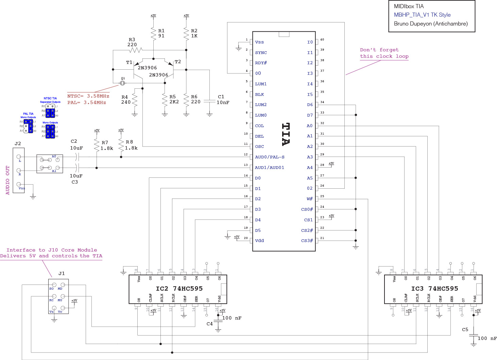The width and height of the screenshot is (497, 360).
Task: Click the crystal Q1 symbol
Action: pyautogui.click(x=122, y=83)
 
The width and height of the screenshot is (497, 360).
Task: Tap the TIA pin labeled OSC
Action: pyautogui.click(x=259, y=147)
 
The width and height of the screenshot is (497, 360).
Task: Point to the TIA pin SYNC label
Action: pyautogui.click(x=261, y=53)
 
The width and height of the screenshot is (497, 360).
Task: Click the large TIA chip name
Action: pyautogui.click(x=286, y=134)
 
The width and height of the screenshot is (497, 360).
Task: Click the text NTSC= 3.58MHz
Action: pyautogui.click(x=88, y=96)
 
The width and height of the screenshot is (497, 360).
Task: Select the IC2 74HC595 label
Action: pyautogui.click(x=179, y=289)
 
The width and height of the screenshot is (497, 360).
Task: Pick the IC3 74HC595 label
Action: pyautogui.click(x=434, y=289)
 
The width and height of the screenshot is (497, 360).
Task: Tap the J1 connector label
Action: pyautogui.click(x=62, y=273)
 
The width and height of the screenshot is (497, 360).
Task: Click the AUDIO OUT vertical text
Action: pyautogui.click(x=8, y=180)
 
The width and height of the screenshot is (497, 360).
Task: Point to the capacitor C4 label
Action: pyautogui.click(x=210, y=324)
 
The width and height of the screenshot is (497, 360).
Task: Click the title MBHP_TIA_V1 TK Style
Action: pyautogui.click(x=422, y=15)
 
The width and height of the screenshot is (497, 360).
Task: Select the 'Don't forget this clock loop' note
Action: pyautogui.click(x=384, y=53)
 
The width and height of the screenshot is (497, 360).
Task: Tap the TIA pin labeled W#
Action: pyautogui.click(x=309, y=199)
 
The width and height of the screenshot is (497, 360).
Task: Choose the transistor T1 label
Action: pyautogui.click(x=129, y=63)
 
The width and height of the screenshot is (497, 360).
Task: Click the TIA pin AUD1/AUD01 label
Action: pyautogui.click(x=269, y=168)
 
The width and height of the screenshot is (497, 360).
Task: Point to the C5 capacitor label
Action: pyautogui.click(x=465, y=330)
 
